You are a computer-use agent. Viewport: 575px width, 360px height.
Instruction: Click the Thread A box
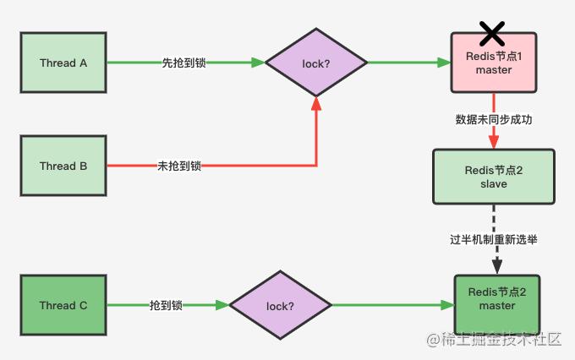[63, 63]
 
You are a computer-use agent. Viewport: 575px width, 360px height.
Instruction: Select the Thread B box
[63, 166]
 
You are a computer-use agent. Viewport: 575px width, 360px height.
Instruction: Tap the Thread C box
[63, 306]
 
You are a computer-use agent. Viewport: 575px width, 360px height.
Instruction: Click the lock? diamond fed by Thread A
[315, 63]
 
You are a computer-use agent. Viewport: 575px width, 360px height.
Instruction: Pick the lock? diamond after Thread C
[280, 306]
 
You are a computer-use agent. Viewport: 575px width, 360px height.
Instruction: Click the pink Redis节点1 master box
[494, 63]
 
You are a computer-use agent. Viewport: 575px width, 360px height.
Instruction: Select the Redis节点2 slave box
[494, 177]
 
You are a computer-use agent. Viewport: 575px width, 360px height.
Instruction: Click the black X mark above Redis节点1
[492, 33]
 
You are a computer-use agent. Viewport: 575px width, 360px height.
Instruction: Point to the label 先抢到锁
[183, 63]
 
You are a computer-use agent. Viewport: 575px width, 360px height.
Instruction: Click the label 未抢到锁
[179, 166]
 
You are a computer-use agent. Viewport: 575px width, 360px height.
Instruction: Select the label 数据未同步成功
[494, 119]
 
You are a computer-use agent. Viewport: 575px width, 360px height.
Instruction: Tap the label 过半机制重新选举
[494, 239]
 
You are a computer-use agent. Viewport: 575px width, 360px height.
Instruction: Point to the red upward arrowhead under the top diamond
[316, 103]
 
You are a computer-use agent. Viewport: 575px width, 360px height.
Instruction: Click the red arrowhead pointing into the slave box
[494, 142]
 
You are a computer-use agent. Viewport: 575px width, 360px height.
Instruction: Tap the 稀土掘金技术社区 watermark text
[500, 340]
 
